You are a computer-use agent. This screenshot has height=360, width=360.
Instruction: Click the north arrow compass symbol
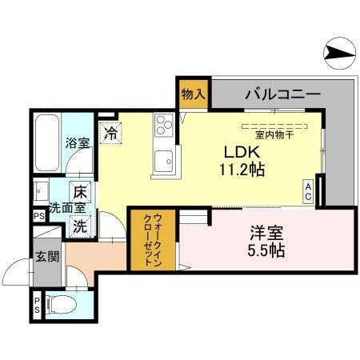click(337, 54)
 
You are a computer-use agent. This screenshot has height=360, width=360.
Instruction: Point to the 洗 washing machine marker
click(81, 226)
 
